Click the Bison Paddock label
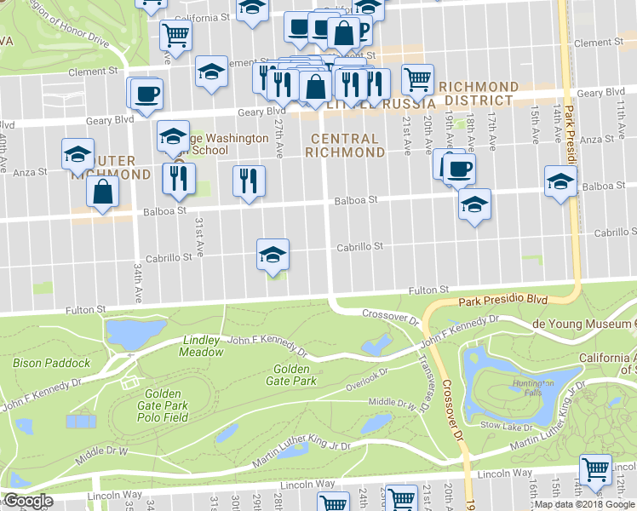51,363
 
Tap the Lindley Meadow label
203,346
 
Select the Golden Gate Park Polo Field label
162,405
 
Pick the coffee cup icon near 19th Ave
458,169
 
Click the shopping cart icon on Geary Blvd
417,79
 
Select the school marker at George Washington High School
173,135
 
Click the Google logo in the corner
28,502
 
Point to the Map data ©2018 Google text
584,504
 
